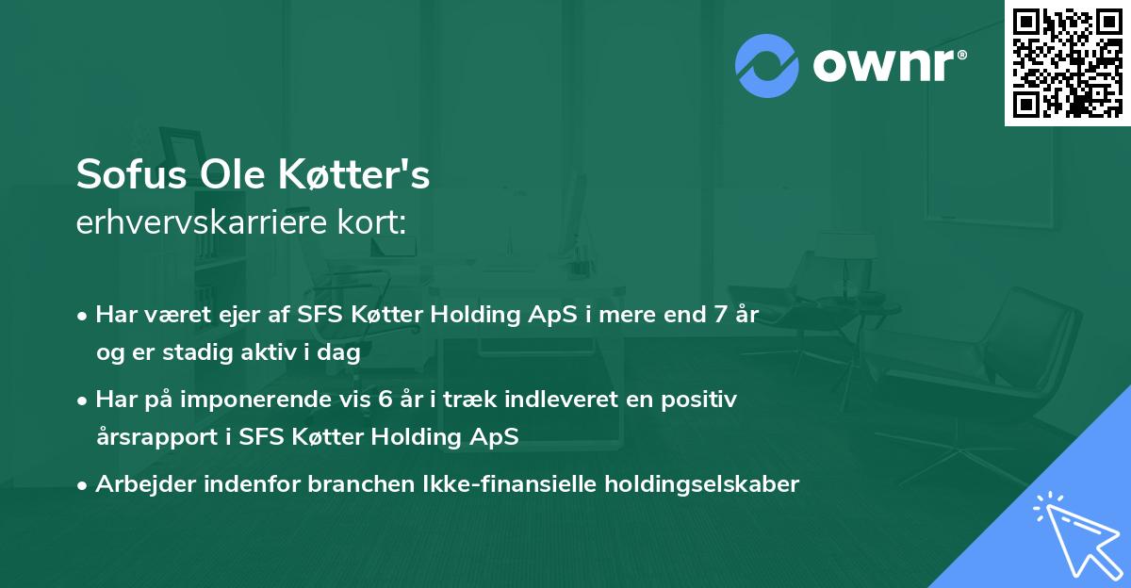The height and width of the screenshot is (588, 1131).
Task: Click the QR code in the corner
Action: [1068, 62]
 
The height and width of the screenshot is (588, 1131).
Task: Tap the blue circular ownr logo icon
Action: [766, 66]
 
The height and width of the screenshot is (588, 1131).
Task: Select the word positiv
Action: [702, 400]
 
